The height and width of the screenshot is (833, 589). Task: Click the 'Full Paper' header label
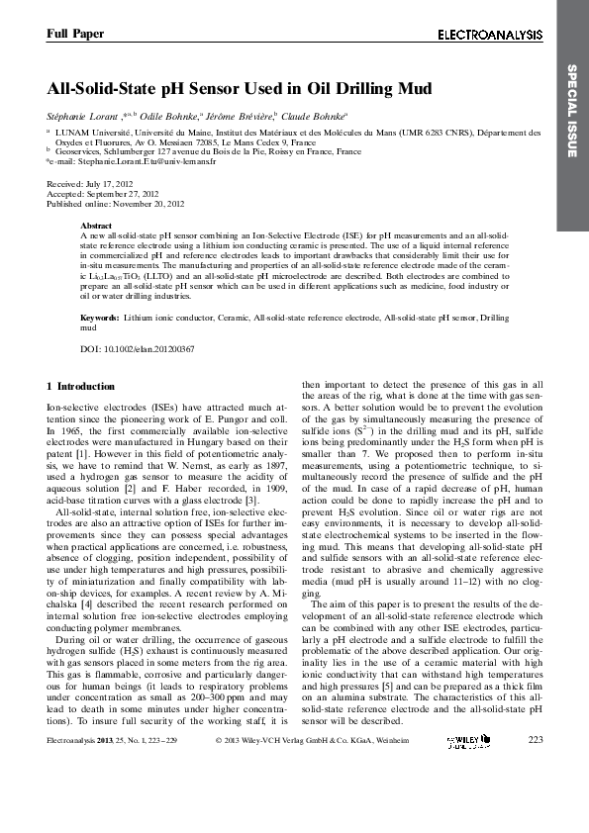(75, 34)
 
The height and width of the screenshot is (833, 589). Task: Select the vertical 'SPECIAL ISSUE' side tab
(571, 110)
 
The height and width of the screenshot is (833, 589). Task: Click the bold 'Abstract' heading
(95, 226)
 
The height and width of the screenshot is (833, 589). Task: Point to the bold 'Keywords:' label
(99, 318)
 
